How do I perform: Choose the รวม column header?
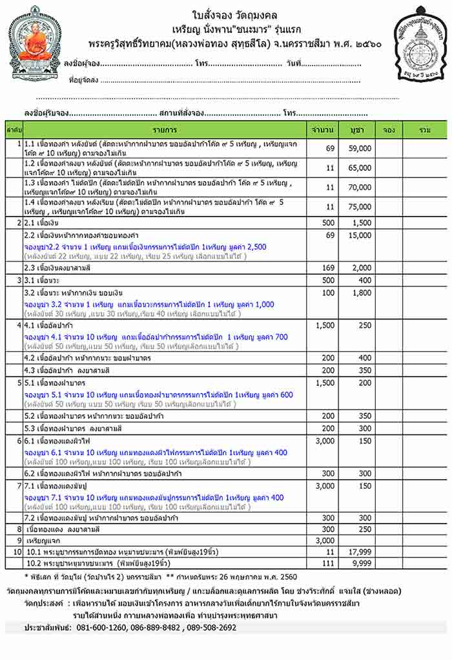pyautogui.click(x=424, y=130)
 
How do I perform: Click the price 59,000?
pyautogui.click(x=360, y=149)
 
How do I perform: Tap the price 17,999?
pyautogui.click(x=360, y=553)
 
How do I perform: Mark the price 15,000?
pyautogui.click(x=360, y=235)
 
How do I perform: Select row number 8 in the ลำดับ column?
pyautogui.click(x=20, y=529)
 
